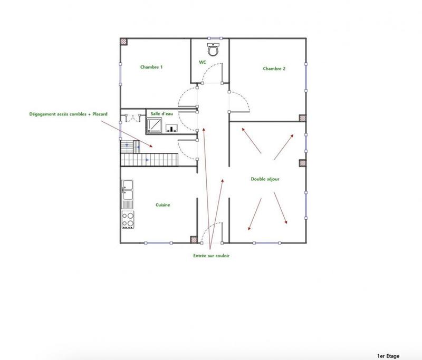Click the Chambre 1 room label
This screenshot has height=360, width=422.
coord(151,67)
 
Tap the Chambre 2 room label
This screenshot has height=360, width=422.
coord(274,69)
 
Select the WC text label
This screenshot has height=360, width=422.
coord(202,62)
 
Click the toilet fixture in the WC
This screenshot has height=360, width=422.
coord(213,50)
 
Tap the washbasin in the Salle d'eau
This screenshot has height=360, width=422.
coord(172,128)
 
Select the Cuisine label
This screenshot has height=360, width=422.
coord(162,205)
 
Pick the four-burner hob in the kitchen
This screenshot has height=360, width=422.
coord(128,219)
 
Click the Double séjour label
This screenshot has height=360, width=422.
coord(265,179)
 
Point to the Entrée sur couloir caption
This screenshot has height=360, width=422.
coord(211,256)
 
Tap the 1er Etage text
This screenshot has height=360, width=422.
coord(389,356)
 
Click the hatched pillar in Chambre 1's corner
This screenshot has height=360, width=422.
coord(124,41)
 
